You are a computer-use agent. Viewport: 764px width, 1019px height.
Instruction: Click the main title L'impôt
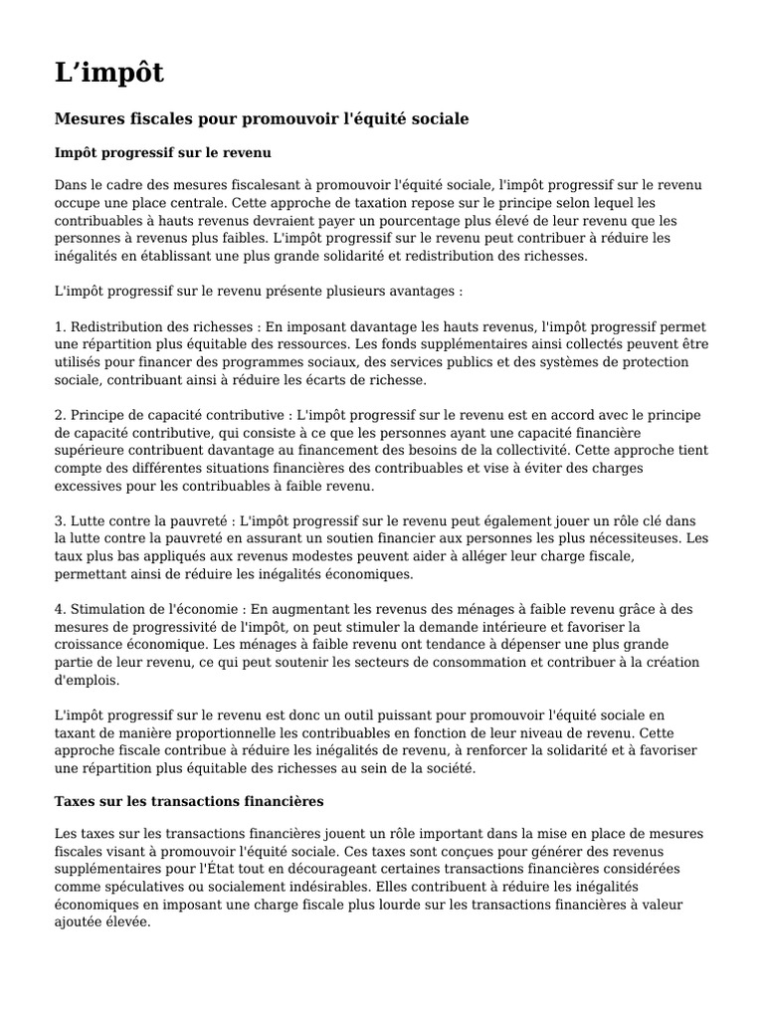(x=108, y=73)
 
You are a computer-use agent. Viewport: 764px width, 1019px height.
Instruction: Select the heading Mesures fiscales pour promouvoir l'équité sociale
(x=261, y=118)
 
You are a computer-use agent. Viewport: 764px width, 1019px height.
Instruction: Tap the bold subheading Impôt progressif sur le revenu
(x=162, y=153)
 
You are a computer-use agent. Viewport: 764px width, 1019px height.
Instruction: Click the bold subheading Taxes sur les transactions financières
(x=188, y=800)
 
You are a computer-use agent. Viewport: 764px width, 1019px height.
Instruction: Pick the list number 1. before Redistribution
(x=59, y=326)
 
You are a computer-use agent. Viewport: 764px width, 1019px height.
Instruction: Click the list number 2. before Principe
(x=59, y=414)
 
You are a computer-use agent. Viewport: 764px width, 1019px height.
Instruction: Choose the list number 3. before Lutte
(x=59, y=520)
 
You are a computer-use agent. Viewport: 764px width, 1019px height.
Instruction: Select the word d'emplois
(x=87, y=681)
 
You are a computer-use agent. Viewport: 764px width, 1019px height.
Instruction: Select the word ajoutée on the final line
(x=80, y=922)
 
